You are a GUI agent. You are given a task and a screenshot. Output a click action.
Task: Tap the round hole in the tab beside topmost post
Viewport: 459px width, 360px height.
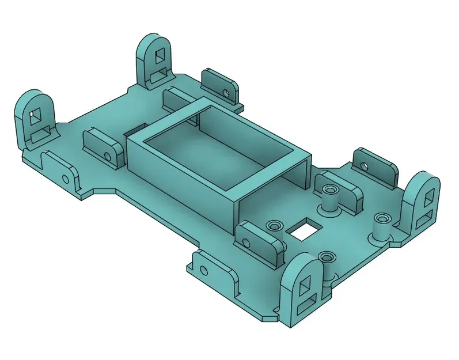click(x=226, y=92)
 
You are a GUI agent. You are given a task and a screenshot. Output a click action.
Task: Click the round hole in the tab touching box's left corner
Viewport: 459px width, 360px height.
click(x=108, y=156)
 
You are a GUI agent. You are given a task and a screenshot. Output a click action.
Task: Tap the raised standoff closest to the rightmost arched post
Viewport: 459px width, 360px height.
click(x=381, y=220)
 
